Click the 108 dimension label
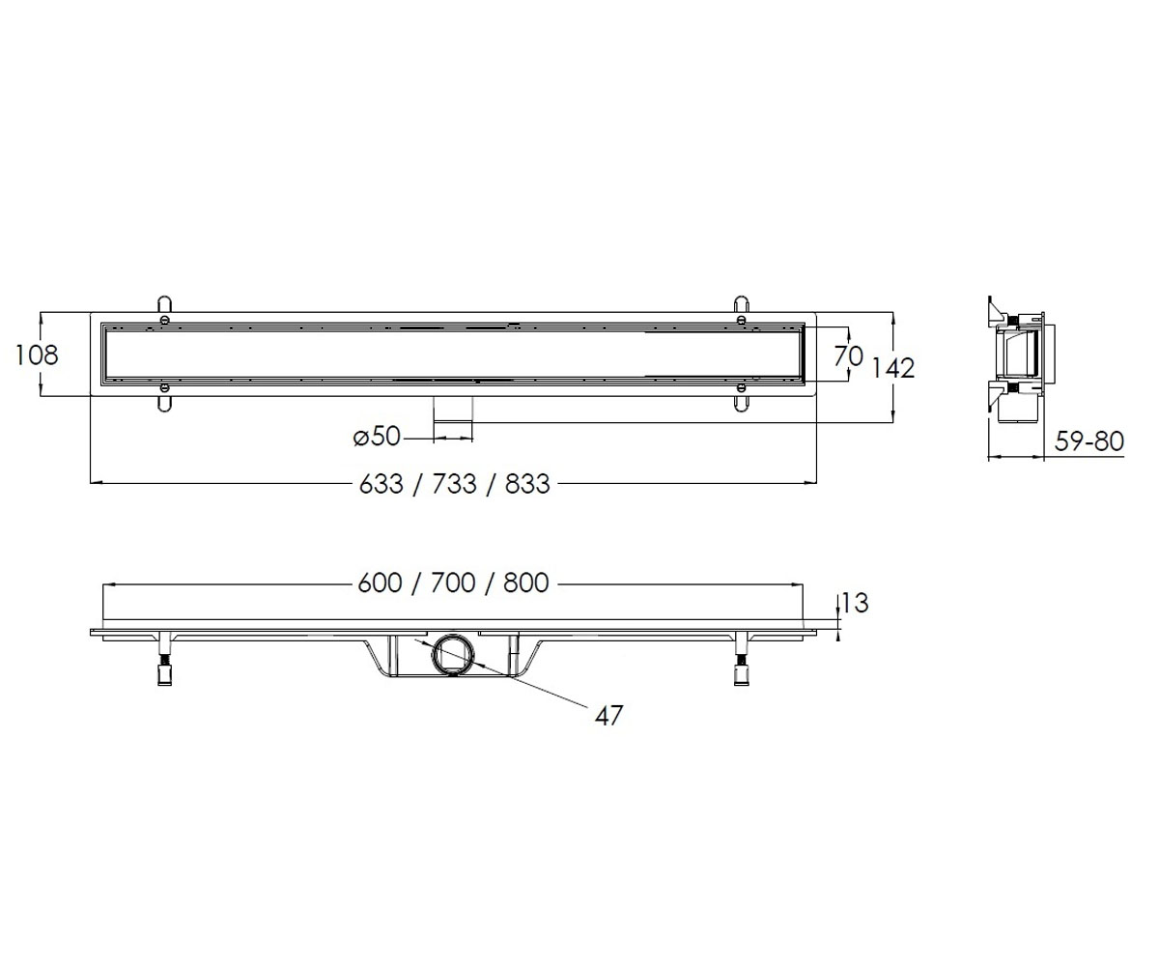36,355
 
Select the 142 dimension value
892,368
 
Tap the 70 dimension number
849,355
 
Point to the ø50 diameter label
377,436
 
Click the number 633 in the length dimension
381,484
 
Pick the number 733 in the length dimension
454,484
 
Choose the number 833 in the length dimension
527,484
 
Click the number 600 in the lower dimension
380,582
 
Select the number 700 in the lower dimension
453,582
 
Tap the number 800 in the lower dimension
526,582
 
